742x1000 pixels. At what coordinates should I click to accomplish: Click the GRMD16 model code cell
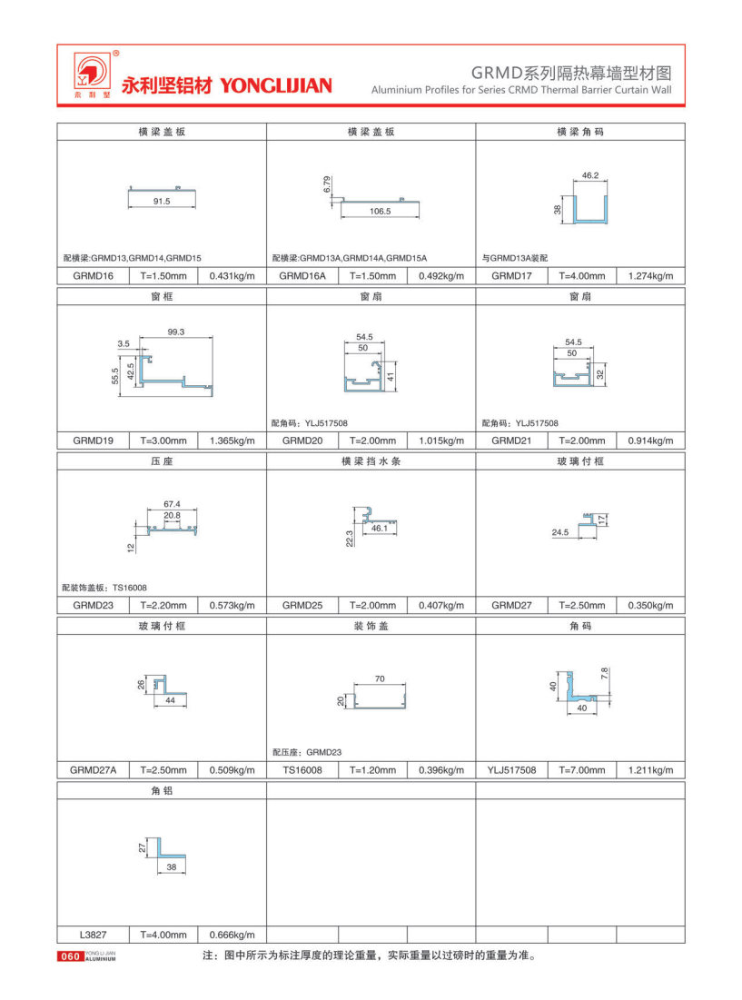tap(94, 275)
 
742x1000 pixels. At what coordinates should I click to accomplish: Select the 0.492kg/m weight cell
tap(440, 275)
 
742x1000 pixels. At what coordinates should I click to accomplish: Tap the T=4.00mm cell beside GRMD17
tap(582, 275)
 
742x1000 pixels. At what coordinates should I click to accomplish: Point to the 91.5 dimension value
tap(161, 202)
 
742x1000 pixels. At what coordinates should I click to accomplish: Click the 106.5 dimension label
tap(380, 211)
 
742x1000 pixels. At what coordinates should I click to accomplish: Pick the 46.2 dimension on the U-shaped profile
tap(589, 174)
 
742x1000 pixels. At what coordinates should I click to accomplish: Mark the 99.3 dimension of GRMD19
tap(176, 332)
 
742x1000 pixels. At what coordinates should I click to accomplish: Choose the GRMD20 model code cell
tap(302, 441)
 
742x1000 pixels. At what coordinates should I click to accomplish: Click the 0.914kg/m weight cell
tap(650, 441)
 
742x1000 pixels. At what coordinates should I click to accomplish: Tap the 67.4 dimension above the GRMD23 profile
tap(172, 503)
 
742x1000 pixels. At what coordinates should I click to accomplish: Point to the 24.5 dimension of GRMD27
tap(559, 533)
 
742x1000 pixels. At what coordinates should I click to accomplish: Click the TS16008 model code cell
tap(302, 770)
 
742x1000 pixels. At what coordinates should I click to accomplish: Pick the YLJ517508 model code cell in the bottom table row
tap(511, 770)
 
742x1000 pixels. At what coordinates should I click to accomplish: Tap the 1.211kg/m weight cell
tap(650, 770)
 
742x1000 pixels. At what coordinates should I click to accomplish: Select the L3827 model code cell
tap(94, 935)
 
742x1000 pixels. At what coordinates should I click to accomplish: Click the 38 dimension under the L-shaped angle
tap(172, 867)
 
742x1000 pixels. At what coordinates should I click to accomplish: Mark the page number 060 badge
tap(70, 956)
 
